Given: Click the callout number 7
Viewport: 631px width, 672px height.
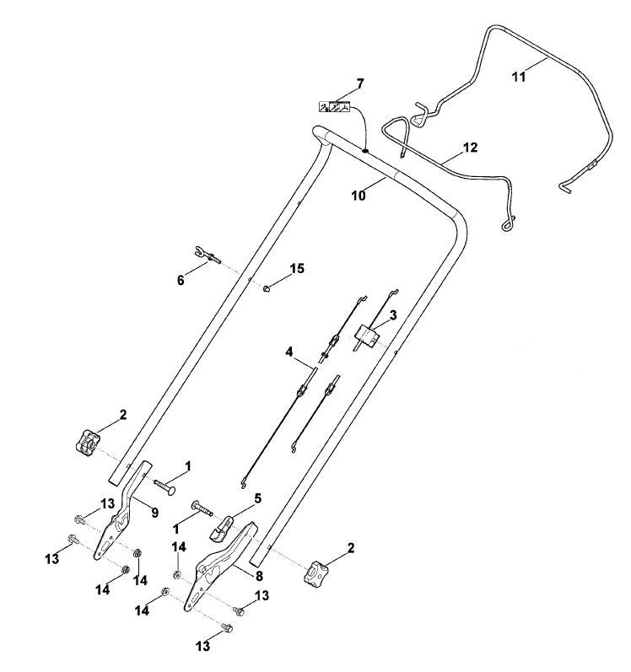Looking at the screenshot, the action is click(x=359, y=83).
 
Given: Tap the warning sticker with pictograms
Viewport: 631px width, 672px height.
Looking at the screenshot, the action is click(x=334, y=106).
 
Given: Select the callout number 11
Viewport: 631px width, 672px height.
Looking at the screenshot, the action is click(x=519, y=77).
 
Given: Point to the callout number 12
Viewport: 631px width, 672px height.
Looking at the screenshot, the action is click(x=470, y=148).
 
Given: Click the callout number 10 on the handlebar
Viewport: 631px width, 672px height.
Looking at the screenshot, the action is click(x=359, y=196).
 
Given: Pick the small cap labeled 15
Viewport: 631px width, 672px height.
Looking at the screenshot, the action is click(x=267, y=288).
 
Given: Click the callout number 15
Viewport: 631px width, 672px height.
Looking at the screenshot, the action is click(x=297, y=269).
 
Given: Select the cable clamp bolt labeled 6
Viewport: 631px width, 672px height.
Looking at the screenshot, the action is click(x=208, y=255).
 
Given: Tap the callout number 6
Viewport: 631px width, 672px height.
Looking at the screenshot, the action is click(x=181, y=280).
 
